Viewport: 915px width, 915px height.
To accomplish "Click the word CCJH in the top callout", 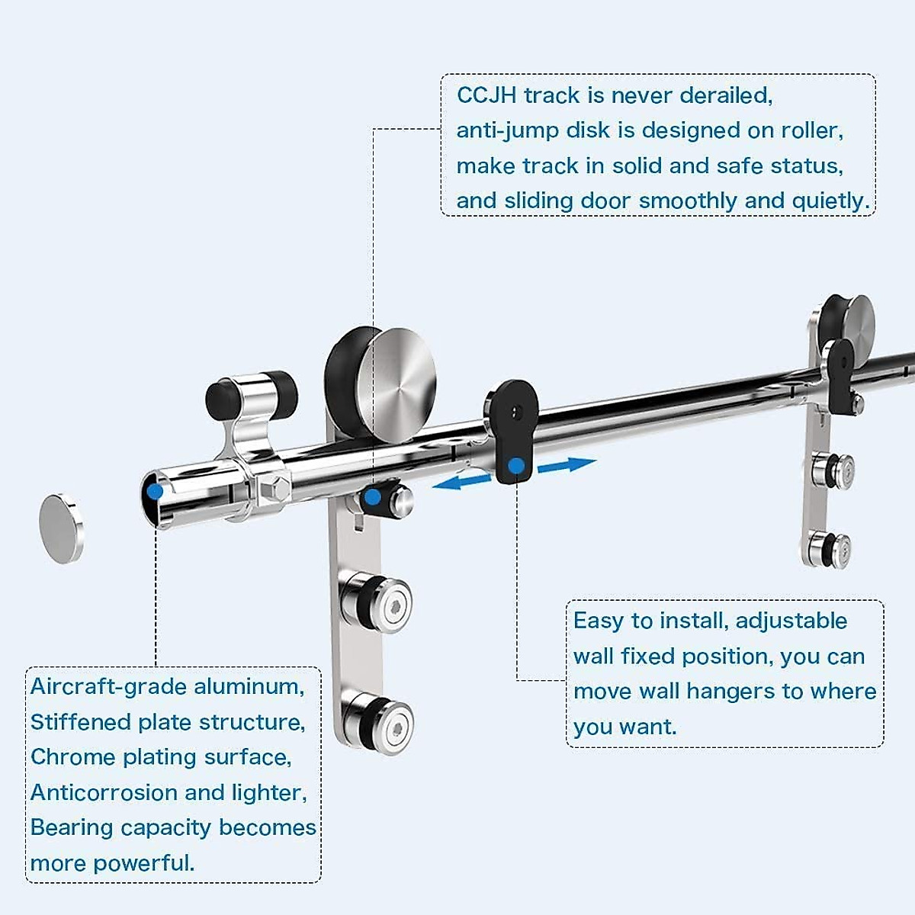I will (x=486, y=95).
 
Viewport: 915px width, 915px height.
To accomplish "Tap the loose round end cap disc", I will (x=62, y=528).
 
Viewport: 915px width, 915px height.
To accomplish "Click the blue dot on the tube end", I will (x=155, y=492).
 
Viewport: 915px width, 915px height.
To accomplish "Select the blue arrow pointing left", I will (x=462, y=481).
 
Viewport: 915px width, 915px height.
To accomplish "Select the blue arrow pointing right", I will (x=567, y=464).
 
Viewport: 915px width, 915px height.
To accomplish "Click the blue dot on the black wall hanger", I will (x=516, y=465).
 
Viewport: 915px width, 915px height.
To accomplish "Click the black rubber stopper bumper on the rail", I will (x=281, y=395).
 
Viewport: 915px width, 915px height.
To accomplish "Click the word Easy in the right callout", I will (x=598, y=621).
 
